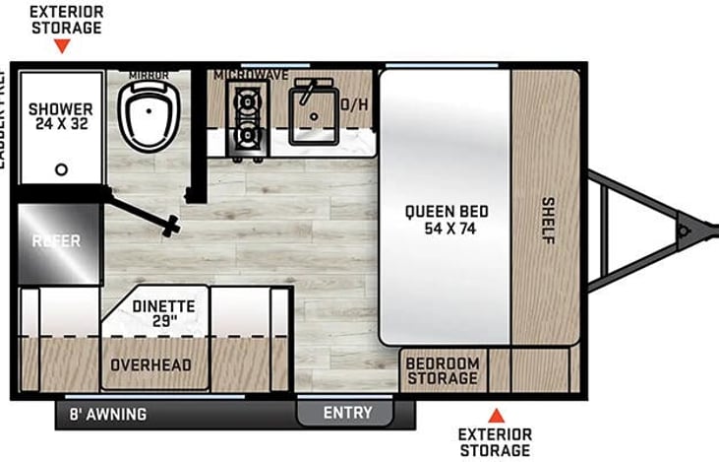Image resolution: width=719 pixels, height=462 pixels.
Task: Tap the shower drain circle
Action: (x=61, y=169)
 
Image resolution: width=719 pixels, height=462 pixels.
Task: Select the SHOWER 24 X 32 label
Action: (x=59, y=117)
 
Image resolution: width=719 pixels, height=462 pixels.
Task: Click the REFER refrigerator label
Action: (x=55, y=241)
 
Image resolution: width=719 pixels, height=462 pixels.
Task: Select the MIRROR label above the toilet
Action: (x=149, y=75)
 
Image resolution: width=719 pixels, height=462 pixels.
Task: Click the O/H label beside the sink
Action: (x=354, y=103)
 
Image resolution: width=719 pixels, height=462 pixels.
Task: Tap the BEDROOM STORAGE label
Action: (x=443, y=371)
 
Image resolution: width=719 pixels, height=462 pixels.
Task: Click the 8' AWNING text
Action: (x=107, y=415)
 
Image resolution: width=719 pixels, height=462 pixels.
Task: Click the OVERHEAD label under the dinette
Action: (x=151, y=365)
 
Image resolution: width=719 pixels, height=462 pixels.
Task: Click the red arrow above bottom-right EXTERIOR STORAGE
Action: (x=497, y=415)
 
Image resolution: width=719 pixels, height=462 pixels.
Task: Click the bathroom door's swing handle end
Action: (x=174, y=226)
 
